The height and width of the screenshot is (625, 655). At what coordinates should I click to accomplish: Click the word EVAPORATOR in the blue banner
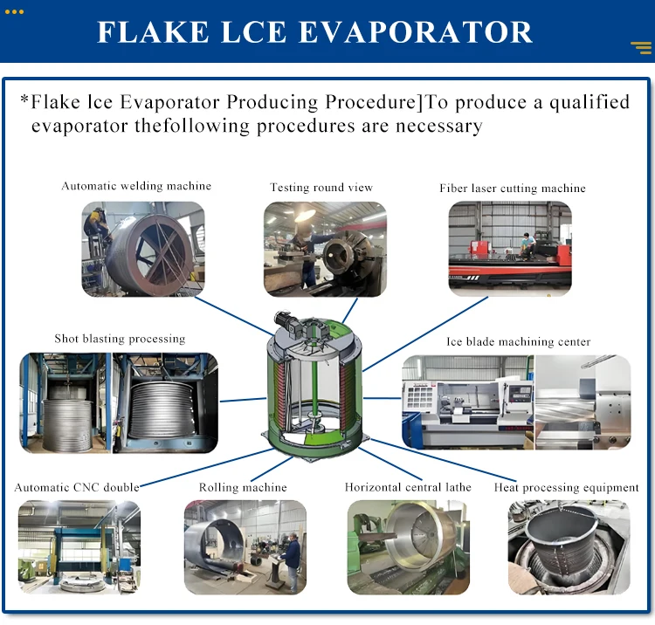tap(417, 31)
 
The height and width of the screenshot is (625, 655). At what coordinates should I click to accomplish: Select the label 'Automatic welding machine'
tap(136, 186)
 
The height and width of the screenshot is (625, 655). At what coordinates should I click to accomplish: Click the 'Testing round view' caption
tap(321, 188)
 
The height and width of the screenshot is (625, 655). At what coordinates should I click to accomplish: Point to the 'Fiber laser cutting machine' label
tap(513, 189)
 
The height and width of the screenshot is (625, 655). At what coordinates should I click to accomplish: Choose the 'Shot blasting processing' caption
tap(120, 339)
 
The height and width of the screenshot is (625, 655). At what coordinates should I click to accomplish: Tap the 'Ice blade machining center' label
tap(519, 342)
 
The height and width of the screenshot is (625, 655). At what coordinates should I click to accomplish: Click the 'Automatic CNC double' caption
tap(77, 487)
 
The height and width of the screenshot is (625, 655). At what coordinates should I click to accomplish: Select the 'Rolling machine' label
tap(243, 487)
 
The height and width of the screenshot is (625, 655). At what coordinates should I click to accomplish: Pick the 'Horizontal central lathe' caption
tap(408, 487)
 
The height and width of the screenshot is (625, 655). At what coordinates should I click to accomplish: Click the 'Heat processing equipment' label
tap(567, 487)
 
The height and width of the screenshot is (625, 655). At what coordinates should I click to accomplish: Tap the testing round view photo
tap(325, 249)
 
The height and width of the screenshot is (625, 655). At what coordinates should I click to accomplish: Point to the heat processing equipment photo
tap(569, 547)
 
